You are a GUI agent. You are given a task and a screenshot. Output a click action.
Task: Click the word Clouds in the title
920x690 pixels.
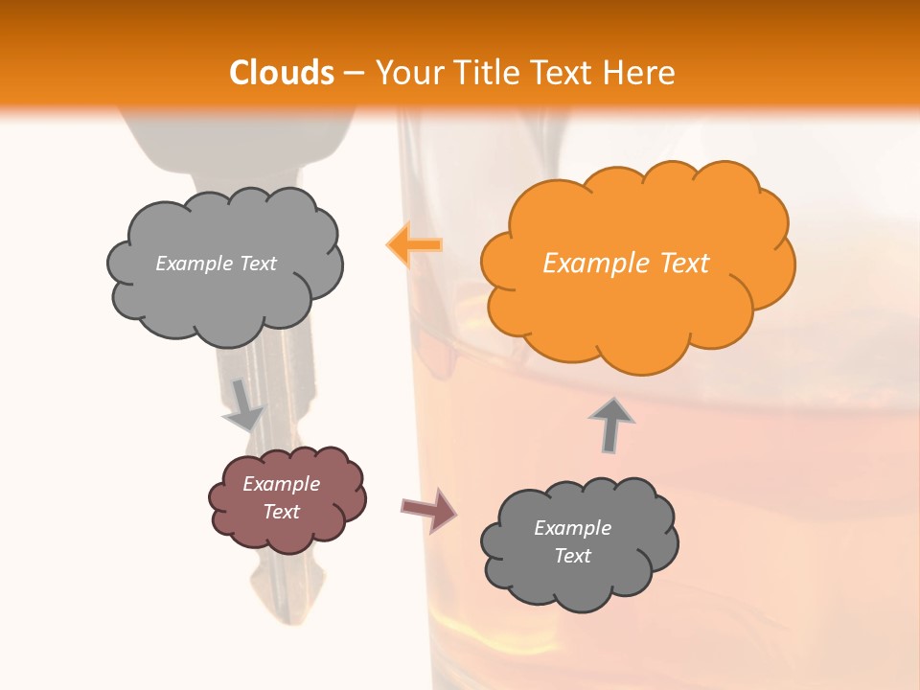pyautogui.click(x=282, y=73)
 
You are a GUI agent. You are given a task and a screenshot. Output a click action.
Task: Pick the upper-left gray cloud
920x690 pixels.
pyautogui.click(x=226, y=297)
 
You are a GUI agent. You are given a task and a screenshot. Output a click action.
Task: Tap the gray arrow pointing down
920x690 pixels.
pyautogui.click(x=242, y=403)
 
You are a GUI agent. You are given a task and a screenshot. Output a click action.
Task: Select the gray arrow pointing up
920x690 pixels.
pyautogui.click(x=610, y=424)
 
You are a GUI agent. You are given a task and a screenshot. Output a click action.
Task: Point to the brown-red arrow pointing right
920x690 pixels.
pyautogui.click(x=428, y=510)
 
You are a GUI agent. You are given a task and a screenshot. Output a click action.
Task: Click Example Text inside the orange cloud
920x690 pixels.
pyautogui.click(x=626, y=264)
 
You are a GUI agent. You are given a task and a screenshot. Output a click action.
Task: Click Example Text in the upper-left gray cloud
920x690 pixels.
pyautogui.click(x=216, y=264)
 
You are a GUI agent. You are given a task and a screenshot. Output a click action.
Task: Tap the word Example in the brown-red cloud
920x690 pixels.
pyautogui.click(x=281, y=484)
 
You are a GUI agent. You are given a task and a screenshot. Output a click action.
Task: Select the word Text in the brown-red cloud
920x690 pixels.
pyautogui.click(x=281, y=512)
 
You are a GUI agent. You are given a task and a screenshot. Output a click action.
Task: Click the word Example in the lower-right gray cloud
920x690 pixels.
pyautogui.click(x=572, y=528)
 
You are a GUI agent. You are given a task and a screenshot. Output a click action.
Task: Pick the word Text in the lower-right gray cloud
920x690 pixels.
pyautogui.click(x=572, y=556)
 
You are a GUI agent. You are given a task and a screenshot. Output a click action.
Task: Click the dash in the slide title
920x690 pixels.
pyautogui.click(x=353, y=73)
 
